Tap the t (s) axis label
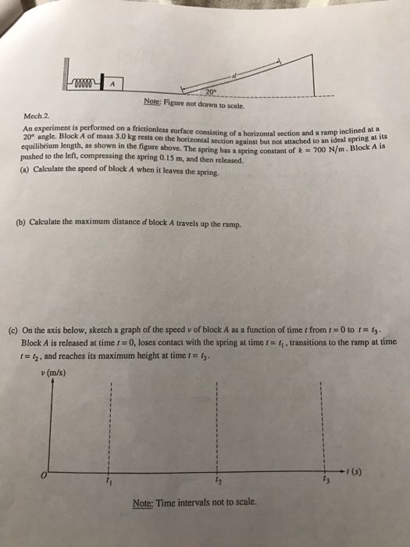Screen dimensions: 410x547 (353, 470)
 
